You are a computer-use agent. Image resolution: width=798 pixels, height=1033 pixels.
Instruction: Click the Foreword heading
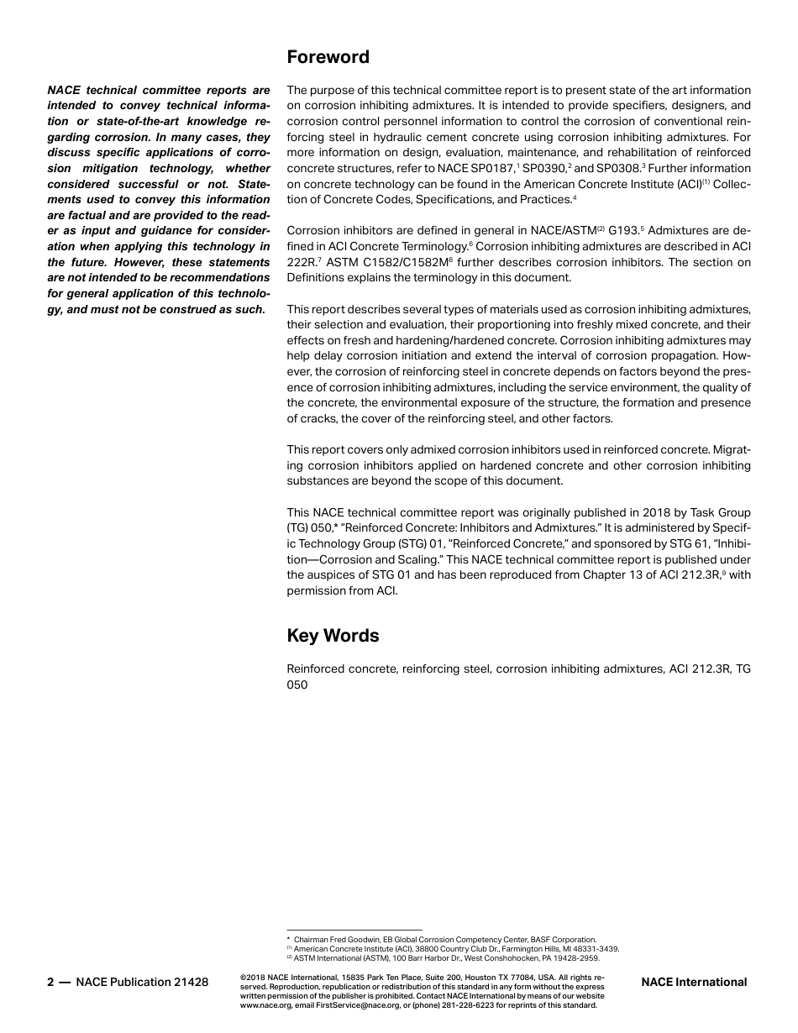(x=328, y=57)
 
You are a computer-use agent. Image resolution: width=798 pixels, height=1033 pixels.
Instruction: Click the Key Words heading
(x=333, y=636)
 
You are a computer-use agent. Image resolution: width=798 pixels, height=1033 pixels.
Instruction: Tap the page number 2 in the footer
(x=50, y=982)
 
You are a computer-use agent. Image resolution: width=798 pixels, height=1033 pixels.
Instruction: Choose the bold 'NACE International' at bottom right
(x=693, y=982)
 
